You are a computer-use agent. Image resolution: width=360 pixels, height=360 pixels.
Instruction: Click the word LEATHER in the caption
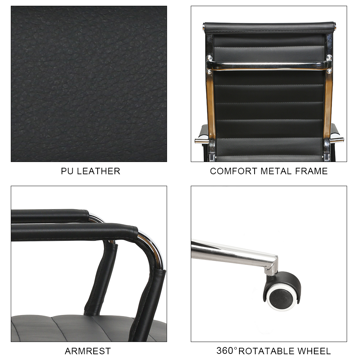click(x=99, y=171)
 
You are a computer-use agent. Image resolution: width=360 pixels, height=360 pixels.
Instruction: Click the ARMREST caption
click(x=88, y=351)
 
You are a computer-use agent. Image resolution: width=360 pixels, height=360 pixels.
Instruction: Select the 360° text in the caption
click(x=227, y=351)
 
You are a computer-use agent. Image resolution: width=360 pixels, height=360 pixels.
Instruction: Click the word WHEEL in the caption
click(x=314, y=351)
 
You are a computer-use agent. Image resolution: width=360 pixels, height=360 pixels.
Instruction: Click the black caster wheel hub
click(x=280, y=299)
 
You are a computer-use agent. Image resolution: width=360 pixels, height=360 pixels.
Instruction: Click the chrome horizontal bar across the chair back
click(x=269, y=66)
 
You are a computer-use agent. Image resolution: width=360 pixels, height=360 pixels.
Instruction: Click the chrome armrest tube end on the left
click(x=202, y=141)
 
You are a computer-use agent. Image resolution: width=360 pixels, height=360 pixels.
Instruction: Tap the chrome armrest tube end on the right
click(x=337, y=140)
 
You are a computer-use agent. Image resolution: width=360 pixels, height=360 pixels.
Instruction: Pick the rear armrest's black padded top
click(x=50, y=215)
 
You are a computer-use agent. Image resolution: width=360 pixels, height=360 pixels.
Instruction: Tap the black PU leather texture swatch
click(x=89, y=84)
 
